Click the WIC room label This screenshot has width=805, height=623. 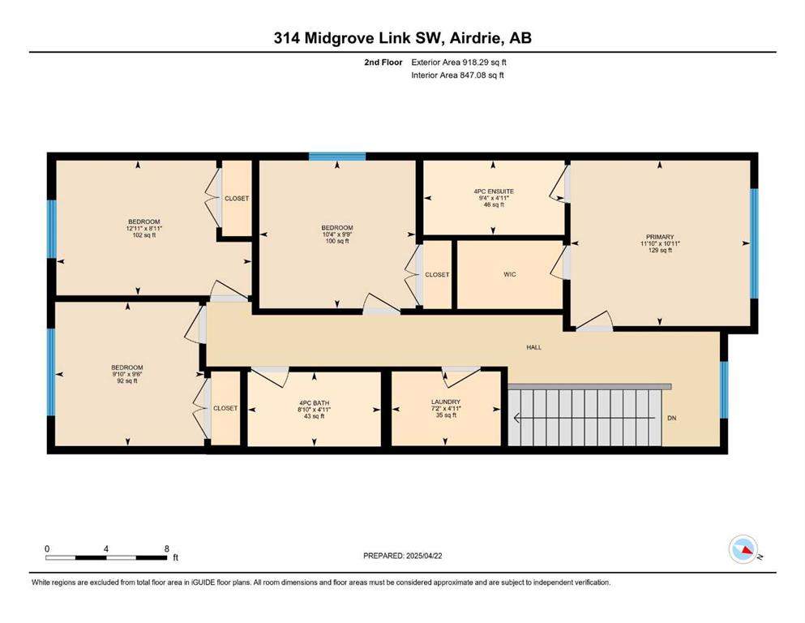coord(509,274)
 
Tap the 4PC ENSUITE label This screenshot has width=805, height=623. coord(494,191)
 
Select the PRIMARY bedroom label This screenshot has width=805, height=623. coord(660,237)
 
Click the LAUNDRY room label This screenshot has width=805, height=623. coord(446,402)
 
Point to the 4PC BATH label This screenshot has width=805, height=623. coord(315,402)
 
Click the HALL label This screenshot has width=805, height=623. coord(534,347)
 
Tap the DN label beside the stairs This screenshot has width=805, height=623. coord(671,418)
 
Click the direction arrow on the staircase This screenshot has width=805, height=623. coord(584,418)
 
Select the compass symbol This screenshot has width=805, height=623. coord(743,549)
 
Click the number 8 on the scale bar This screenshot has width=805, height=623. coord(166,548)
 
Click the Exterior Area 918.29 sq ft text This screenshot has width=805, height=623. coord(459,62)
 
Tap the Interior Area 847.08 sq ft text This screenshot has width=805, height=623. coord(457,75)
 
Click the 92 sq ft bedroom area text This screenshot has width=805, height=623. coord(126,381)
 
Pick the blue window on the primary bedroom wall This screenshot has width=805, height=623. coord(754,243)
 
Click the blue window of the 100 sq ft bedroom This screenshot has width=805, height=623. coord(336,157)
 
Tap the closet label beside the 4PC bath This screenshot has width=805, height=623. coord(225,408)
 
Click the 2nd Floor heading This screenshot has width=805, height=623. coord(383,62)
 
